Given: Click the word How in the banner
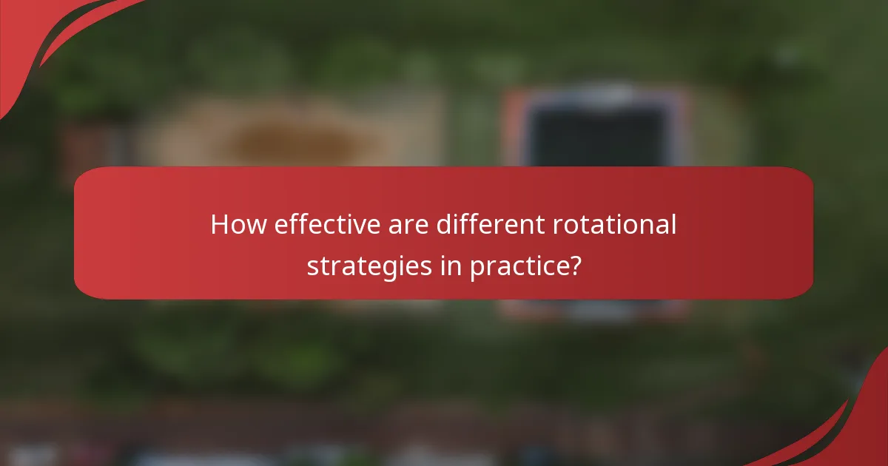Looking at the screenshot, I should point(238,224).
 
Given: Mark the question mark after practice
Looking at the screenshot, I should point(573,265).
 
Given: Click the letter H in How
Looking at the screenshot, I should point(219,224).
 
